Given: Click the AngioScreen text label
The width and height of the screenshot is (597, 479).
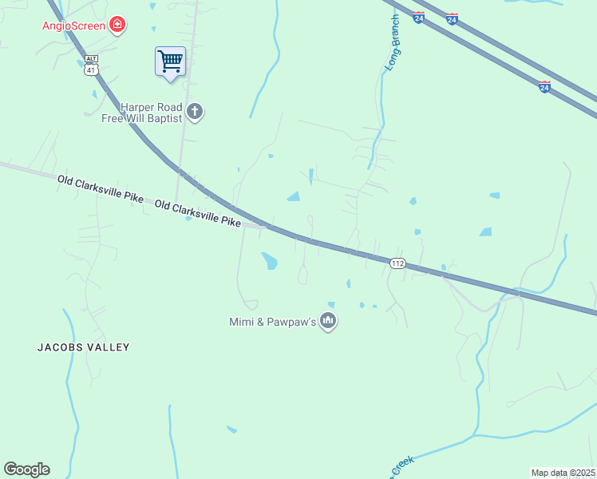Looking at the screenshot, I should (x=73, y=25).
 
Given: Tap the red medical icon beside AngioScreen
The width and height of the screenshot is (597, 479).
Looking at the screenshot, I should (x=118, y=25).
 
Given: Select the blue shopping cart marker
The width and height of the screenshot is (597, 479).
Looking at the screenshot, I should (x=170, y=61).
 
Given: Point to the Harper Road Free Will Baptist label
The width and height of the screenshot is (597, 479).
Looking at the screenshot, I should (x=151, y=113).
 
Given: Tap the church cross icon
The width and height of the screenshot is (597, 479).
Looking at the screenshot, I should (x=195, y=113).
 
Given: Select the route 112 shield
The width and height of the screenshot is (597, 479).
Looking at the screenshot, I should (x=397, y=263).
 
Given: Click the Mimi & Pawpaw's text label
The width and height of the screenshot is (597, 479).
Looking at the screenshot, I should (x=273, y=323).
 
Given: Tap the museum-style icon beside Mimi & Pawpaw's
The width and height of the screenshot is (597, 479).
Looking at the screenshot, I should (x=328, y=322).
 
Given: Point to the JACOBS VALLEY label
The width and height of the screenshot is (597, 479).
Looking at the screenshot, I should (x=83, y=347).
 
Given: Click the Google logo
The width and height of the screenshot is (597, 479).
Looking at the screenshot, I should (x=26, y=469).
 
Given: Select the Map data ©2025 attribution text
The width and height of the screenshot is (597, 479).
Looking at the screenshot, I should (x=562, y=473).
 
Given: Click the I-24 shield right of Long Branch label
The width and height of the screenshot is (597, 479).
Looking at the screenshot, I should (x=419, y=16).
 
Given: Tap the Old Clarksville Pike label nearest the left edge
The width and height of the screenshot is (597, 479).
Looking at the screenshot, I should (x=100, y=191).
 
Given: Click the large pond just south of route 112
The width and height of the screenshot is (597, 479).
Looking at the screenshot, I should (x=270, y=260).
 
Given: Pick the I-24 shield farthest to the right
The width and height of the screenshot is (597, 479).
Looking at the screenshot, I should (x=544, y=87).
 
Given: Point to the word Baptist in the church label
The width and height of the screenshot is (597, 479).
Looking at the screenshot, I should (x=164, y=118).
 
